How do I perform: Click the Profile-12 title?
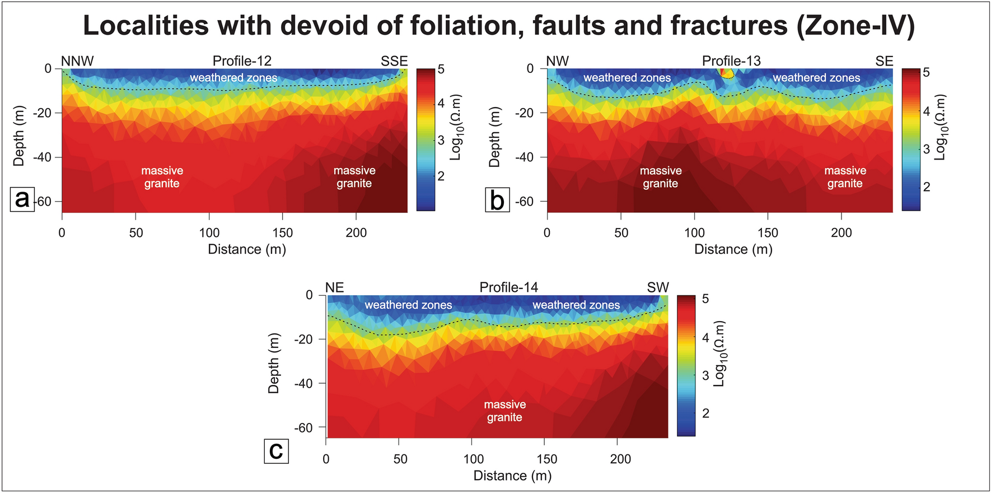242,61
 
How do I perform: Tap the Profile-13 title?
731,61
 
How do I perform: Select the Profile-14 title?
508,287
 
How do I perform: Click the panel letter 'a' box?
22,199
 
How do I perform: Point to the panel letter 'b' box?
497,200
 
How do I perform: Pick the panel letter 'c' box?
276,451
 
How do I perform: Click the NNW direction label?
77,61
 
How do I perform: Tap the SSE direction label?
394,61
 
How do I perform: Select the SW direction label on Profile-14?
658,287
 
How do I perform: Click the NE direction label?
334,287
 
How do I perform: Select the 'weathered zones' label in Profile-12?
233,78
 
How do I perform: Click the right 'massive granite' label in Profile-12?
354,177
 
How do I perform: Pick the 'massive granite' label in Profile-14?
504,411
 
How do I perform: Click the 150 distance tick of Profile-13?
768,233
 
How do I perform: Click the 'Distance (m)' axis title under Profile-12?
247,249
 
